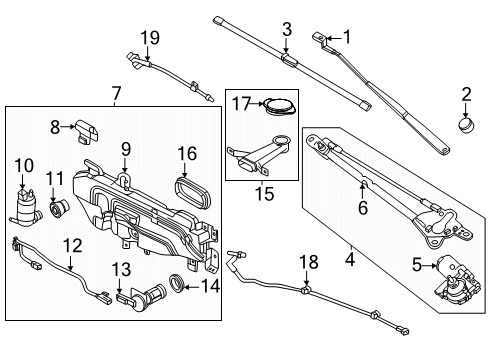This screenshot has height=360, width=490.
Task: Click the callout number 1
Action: [x=348, y=37]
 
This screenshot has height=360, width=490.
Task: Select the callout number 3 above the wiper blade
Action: [x=286, y=29]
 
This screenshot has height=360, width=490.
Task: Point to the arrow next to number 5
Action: [x=422, y=266]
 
